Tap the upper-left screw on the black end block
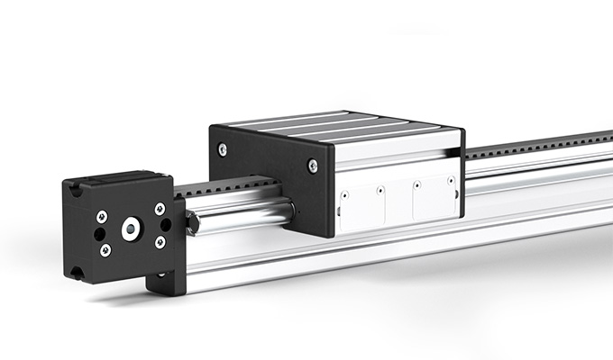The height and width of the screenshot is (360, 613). coord(102,216)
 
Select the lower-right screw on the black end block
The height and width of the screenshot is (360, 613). coord(160,242)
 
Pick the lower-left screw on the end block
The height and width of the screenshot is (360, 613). coord(105,249)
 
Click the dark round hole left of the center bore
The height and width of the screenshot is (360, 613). coord(98,233)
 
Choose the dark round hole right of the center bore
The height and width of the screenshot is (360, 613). coord(166,225)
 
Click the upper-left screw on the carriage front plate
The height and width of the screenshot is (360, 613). coord(223,149)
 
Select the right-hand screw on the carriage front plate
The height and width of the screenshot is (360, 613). coord(312,165)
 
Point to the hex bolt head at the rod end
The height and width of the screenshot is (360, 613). coord(192,220)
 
